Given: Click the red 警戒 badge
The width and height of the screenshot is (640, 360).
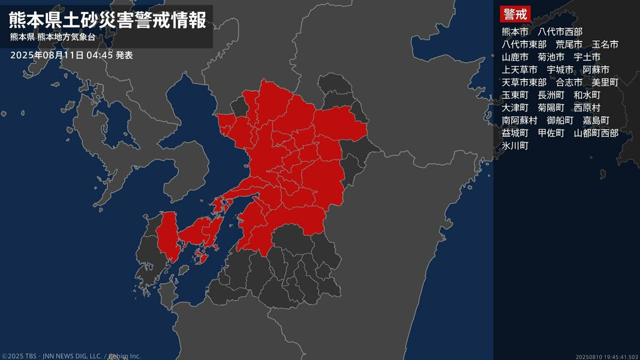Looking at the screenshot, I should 514,14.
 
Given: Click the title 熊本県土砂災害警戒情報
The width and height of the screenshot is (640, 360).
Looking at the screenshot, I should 107,20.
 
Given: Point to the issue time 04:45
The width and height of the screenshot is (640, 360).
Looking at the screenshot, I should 99,55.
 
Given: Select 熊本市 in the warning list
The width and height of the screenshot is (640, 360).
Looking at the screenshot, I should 515,31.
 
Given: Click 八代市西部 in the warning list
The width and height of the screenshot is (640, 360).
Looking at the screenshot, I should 560,31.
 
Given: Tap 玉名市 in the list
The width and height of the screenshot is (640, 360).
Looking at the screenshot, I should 605,44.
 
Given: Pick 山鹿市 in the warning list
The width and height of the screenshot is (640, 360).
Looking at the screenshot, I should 515,57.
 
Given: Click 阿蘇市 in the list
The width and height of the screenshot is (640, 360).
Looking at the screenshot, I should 596,70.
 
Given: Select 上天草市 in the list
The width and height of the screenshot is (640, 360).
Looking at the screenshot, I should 519,70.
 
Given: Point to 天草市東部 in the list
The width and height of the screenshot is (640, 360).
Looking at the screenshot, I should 524,83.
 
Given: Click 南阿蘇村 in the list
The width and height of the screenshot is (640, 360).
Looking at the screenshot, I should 519,121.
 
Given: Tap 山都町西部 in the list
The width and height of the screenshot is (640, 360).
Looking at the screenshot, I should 596,133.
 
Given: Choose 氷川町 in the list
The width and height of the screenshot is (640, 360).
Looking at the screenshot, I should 515,146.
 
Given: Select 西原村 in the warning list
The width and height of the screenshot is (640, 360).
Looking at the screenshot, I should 587,108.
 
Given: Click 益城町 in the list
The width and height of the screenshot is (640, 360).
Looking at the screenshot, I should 515,133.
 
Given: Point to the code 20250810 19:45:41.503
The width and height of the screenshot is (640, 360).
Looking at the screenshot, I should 607,356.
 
